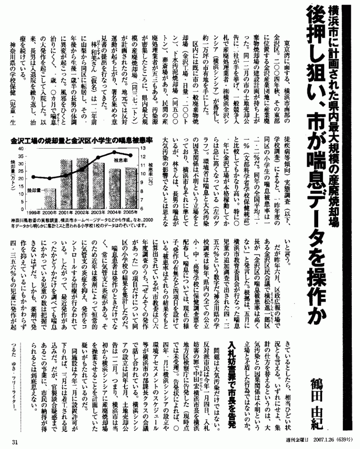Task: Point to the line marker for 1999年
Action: click(x=33, y=177)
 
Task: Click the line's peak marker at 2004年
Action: click(x=114, y=152)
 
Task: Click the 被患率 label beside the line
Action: click(x=120, y=160)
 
